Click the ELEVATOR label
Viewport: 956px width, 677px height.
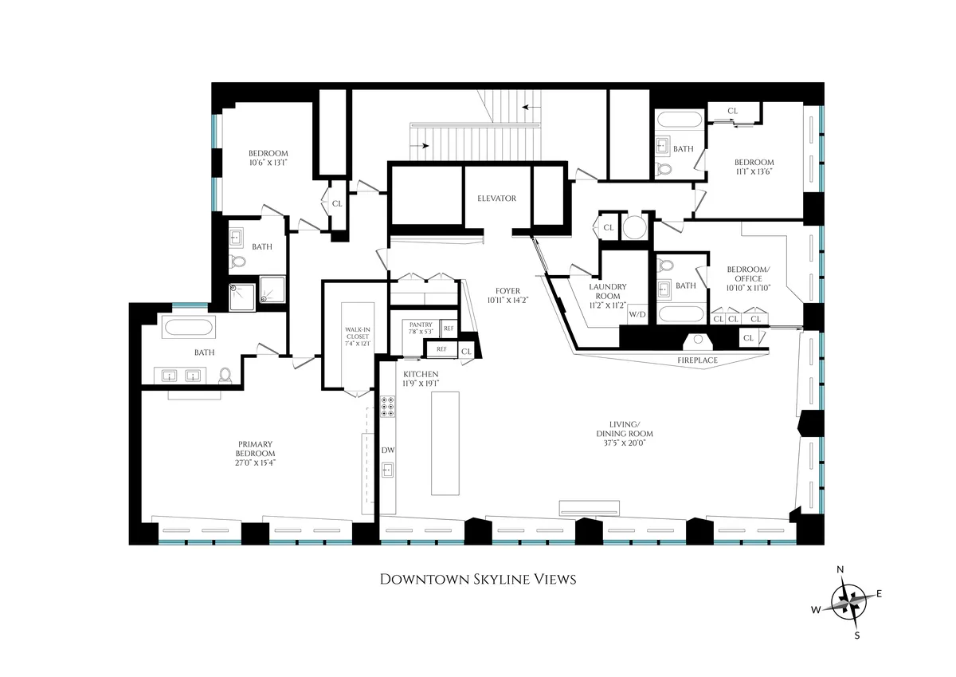[x=497, y=199]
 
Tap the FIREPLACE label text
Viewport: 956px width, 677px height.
[x=697, y=360]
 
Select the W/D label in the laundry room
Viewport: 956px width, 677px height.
[x=637, y=314]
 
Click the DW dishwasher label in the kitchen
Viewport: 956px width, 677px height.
[x=388, y=451]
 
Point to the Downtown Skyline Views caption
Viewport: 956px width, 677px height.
[x=477, y=579]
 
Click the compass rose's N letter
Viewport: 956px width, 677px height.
[x=840, y=569]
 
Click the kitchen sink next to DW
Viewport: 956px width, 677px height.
[x=388, y=470]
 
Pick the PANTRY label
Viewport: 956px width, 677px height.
[x=420, y=325]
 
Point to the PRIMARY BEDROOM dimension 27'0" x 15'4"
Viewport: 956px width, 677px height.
[x=256, y=462]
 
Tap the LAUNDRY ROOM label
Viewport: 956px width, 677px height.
[x=607, y=291]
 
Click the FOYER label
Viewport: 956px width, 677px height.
[x=507, y=291]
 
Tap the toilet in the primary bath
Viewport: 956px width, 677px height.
[x=225, y=375]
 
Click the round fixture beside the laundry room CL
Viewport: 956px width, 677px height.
[x=635, y=227]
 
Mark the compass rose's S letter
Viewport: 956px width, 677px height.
[x=857, y=636]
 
